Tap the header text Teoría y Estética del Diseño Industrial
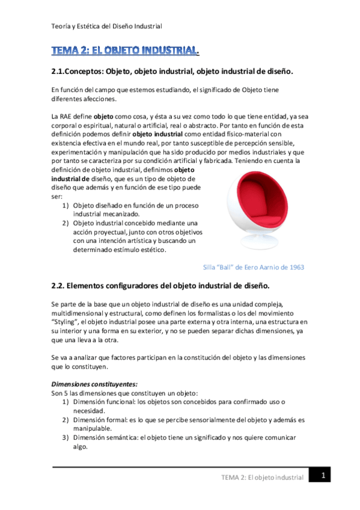click(x=106, y=26)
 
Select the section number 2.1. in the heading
click(x=63, y=72)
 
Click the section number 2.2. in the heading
click(x=63, y=284)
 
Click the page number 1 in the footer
click(x=323, y=475)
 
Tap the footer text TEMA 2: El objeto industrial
click(x=263, y=477)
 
